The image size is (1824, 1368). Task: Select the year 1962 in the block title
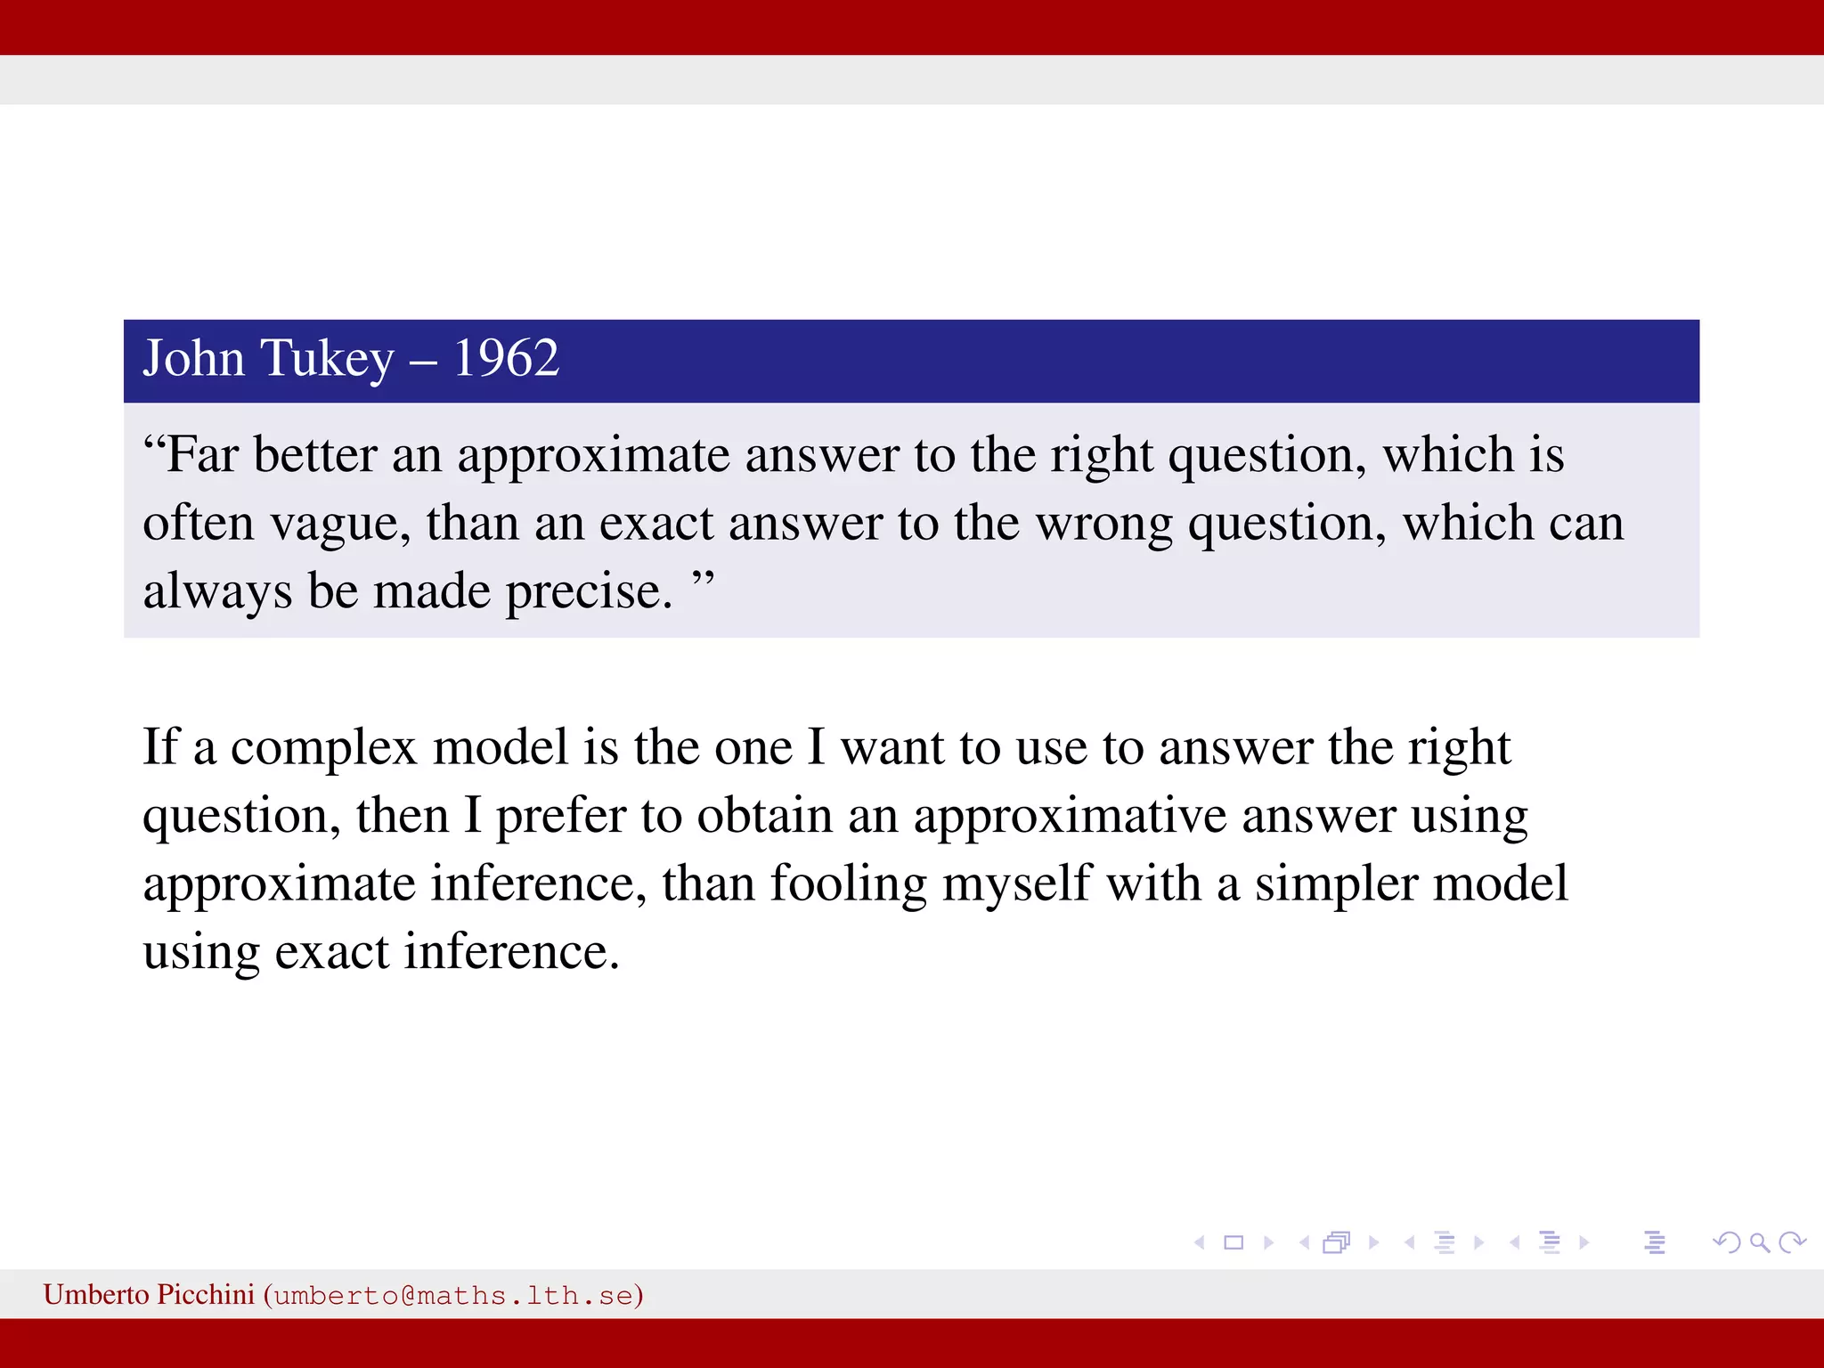click(506, 359)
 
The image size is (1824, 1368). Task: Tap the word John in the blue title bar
click(193, 359)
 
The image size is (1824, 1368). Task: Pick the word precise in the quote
click(589, 592)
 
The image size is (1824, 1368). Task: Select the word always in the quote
click(217, 592)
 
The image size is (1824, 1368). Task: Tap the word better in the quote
click(315, 455)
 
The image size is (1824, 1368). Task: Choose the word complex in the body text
click(323, 748)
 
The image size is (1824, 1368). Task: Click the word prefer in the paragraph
click(561, 817)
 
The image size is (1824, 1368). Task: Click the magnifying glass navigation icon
click(1759, 1242)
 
